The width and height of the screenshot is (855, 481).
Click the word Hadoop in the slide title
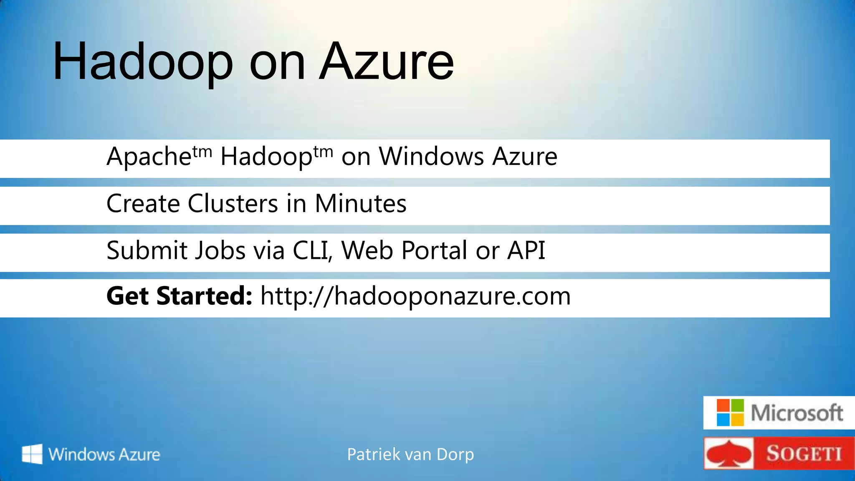[142, 62]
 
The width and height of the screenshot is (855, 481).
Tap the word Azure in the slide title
[386, 62]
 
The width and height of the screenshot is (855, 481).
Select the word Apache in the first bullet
[149, 157]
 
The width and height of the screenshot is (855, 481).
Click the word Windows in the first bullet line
[431, 157]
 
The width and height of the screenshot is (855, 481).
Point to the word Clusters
[233, 204]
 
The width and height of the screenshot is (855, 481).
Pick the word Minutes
[360, 204]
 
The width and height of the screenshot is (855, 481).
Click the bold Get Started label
[179, 296]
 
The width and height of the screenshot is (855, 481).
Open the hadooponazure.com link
[415, 296]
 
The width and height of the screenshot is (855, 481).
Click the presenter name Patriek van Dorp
[410, 454]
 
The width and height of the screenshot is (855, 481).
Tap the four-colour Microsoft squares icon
[730, 413]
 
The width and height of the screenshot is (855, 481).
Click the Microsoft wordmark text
[797, 413]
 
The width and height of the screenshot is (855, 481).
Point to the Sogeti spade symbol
[729, 454]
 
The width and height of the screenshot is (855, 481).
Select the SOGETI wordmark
[804, 454]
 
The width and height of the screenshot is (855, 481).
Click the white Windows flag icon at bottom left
[32, 454]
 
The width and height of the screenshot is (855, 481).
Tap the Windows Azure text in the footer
[104, 454]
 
